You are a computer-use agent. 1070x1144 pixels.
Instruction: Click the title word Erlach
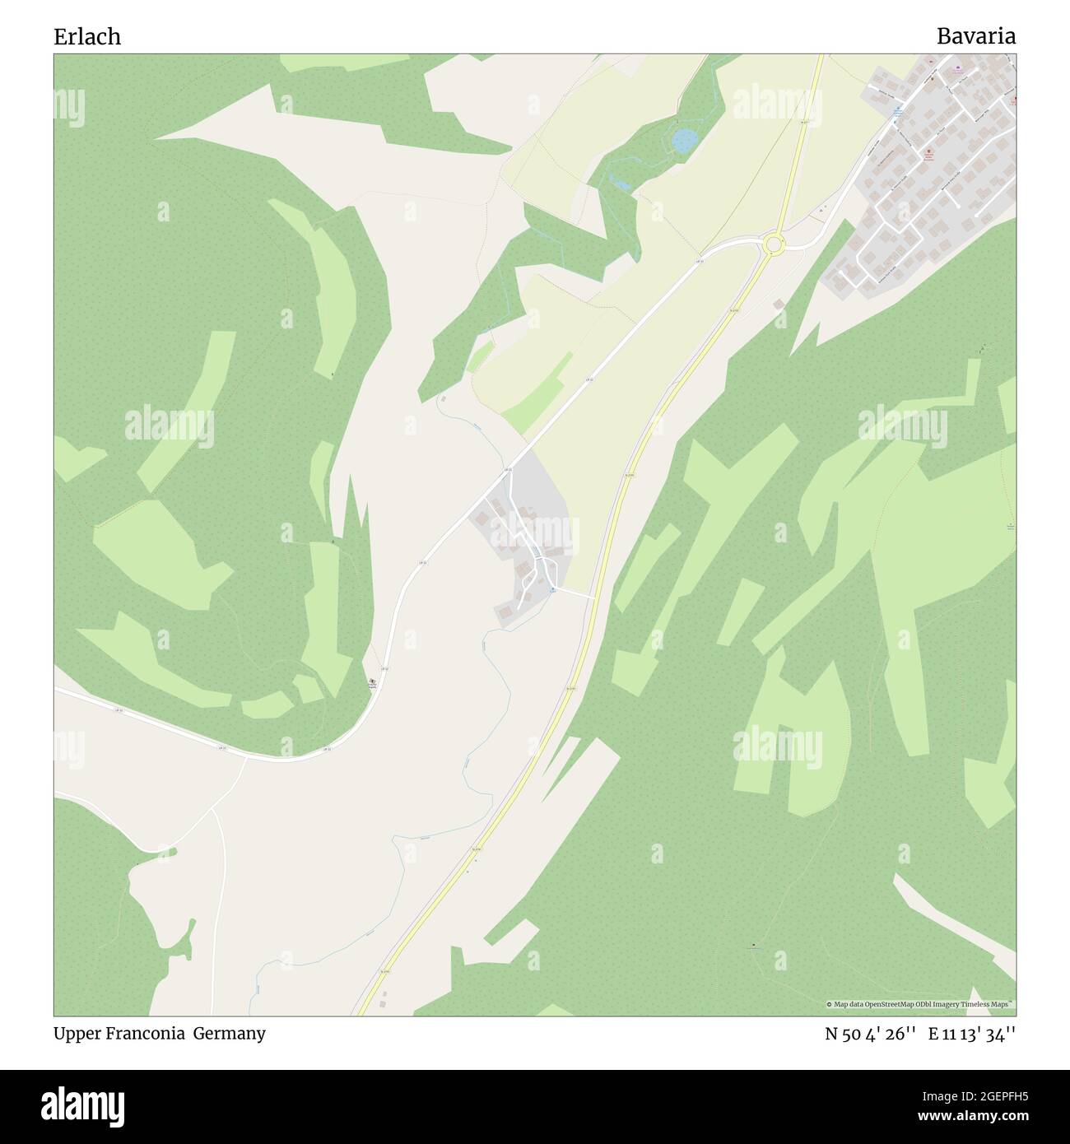tap(87, 36)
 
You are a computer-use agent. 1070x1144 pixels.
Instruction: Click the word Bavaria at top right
tap(975, 36)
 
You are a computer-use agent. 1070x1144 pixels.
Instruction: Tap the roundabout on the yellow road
tap(773, 244)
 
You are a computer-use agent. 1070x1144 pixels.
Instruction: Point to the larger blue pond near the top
tap(682, 141)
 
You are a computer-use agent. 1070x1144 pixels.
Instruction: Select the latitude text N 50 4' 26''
tap(871, 1034)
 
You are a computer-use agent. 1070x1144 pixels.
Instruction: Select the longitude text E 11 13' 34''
tap(971, 1034)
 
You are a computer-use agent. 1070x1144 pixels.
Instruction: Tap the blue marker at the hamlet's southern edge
tap(552, 589)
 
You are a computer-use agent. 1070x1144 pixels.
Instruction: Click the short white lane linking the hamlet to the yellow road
tap(576, 593)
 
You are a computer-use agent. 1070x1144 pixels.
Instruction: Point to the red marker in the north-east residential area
tap(929, 152)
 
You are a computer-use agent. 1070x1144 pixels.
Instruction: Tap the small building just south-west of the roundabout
tap(779, 305)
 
